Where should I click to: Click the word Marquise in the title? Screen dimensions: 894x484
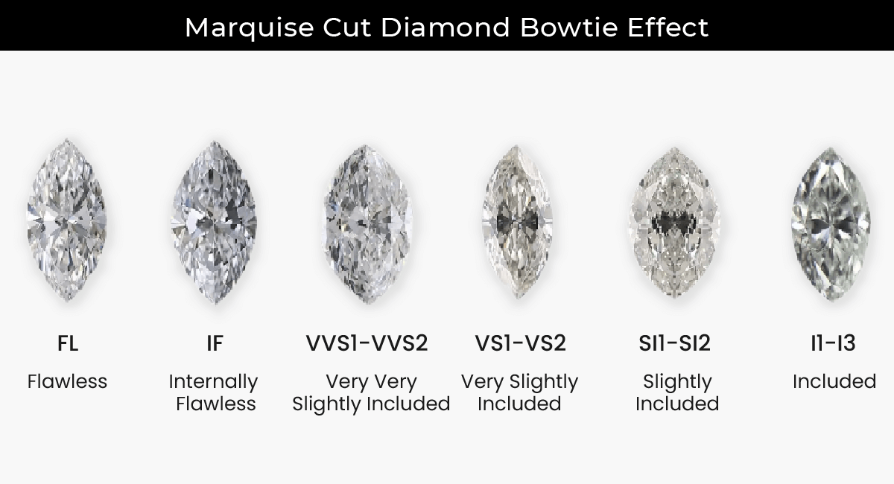250,28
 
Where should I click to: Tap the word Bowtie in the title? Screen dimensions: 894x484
569,27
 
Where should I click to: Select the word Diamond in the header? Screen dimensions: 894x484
446,27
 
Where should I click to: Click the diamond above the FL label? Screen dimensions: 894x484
66,220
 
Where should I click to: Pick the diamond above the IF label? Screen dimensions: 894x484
215,222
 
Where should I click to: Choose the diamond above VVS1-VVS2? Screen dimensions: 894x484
367,223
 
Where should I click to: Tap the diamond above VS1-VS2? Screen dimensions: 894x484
517,222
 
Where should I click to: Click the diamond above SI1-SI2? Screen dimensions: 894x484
674,222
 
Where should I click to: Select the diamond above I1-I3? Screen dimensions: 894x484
831,223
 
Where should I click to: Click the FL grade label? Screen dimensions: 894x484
68,343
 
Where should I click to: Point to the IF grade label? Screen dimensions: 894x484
215,343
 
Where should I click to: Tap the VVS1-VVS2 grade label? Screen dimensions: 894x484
367,343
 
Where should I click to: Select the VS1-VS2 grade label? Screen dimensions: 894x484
521,343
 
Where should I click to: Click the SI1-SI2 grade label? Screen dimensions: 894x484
674,343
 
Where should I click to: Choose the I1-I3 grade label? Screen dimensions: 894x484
834,343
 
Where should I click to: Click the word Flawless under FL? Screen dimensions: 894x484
68,381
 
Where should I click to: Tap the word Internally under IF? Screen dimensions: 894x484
214,382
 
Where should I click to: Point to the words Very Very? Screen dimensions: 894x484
371,382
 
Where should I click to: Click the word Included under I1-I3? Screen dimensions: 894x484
834,381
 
